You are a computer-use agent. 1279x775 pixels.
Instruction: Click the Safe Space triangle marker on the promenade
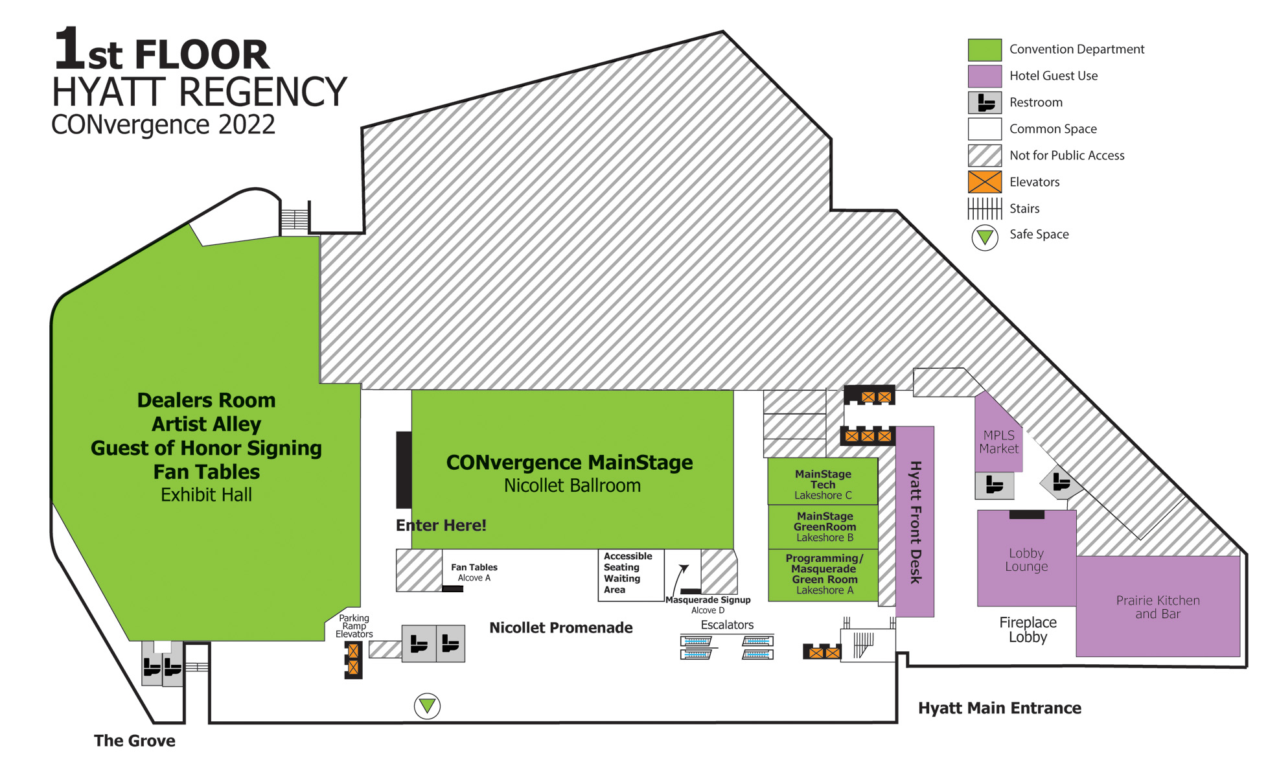tap(427, 706)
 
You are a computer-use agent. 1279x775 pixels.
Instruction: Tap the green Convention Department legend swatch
tap(985, 50)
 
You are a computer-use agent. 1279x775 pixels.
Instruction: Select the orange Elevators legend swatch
tap(985, 182)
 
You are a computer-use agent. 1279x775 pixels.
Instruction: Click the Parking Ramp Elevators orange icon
tap(353, 659)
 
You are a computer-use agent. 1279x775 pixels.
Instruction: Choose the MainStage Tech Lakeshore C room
tap(823, 481)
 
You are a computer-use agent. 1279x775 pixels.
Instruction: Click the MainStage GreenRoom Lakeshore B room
tap(823, 527)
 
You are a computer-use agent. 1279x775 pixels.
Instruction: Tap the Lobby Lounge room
tap(1026, 559)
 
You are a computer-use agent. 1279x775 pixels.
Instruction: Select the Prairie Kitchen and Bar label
tap(1158, 607)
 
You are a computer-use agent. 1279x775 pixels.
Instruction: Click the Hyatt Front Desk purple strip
tap(915, 522)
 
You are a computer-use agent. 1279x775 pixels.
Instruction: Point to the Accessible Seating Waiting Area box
tap(631, 575)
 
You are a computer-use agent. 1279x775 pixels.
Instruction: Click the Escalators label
tap(727, 625)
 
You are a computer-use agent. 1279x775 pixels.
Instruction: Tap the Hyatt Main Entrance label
tap(1000, 708)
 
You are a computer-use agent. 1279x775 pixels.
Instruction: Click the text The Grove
tap(135, 741)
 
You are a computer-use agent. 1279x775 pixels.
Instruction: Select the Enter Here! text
tap(441, 526)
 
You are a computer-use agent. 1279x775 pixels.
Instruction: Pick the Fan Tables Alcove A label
tap(474, 572)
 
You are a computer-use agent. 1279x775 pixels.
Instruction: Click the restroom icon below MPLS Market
tap(995, 485)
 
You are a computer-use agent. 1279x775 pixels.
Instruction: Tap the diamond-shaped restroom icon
tap(1061, 482)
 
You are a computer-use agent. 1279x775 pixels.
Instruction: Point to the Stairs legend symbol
tap(985, 209)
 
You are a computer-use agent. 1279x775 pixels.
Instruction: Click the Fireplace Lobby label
tap(1028, 630)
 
